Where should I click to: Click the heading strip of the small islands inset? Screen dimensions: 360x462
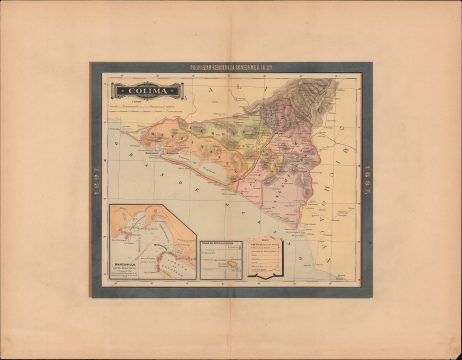click(221, 242)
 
